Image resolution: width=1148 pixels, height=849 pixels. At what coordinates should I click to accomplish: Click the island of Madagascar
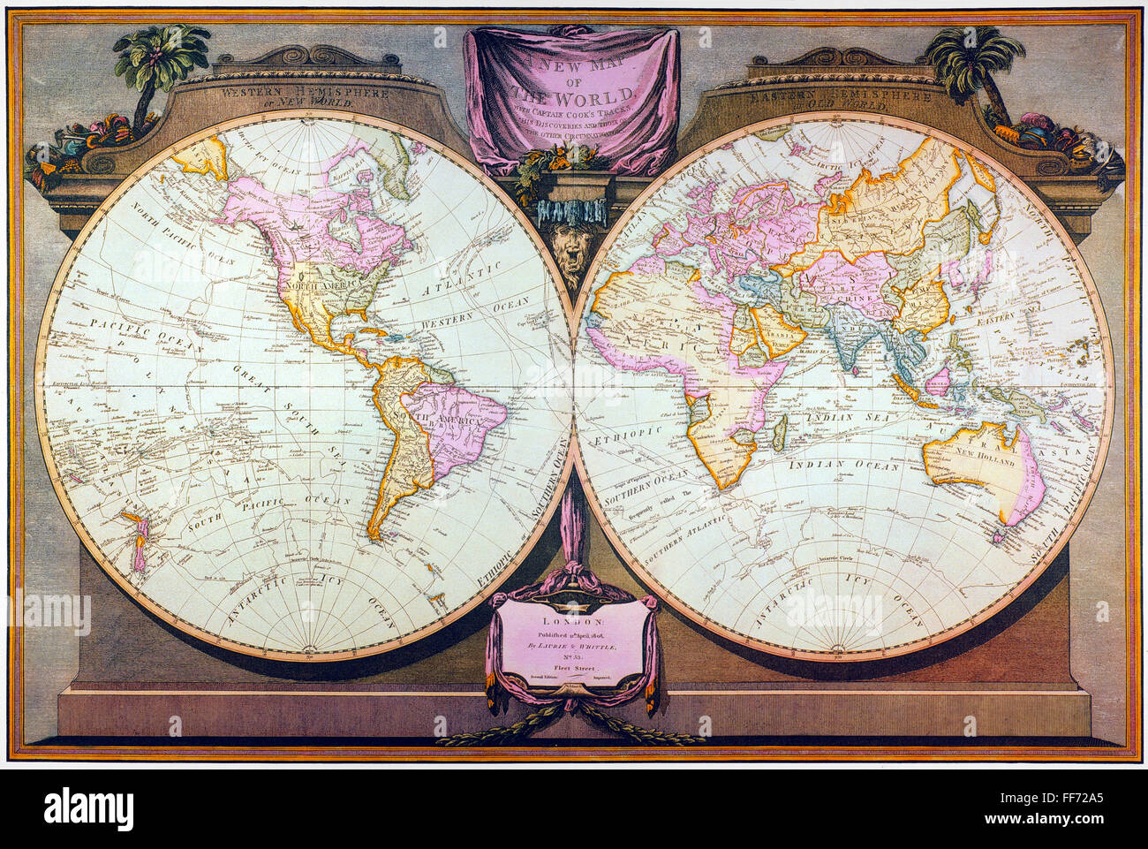pos(778,432)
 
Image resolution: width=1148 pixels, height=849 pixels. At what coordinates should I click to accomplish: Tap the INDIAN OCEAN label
pos(843,465)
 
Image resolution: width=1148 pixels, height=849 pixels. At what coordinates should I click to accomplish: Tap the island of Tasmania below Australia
pos(1003,534)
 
